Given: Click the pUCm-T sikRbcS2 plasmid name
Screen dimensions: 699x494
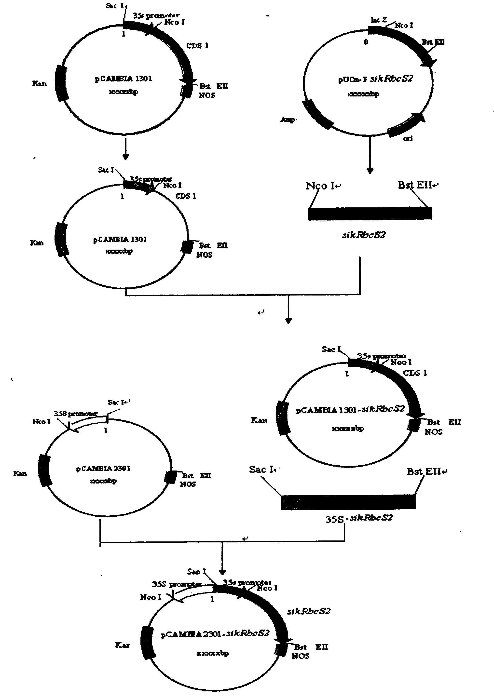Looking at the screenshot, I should click(x=375, y=79).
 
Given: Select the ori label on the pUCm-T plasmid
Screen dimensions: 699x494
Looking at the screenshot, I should click(x=408, y=139).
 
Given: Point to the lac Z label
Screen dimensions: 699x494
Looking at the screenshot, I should click(x=379, y=20).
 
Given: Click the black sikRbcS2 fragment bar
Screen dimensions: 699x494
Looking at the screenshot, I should click(x=370, y=213).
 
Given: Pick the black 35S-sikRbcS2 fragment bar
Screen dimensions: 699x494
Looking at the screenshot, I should click(x=348, y=502).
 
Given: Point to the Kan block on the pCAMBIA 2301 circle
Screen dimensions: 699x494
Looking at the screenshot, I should click(x=45, y=471).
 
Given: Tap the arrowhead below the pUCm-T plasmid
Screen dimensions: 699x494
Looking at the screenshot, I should click(x=370, y=171).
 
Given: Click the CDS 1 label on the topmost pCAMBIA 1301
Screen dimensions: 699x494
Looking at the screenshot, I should click(x=197, y=46).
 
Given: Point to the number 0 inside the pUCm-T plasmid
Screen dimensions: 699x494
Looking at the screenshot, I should click(x=366, y=42).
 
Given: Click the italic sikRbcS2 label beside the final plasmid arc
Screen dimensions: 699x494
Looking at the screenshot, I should click(x=309, y=611).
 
